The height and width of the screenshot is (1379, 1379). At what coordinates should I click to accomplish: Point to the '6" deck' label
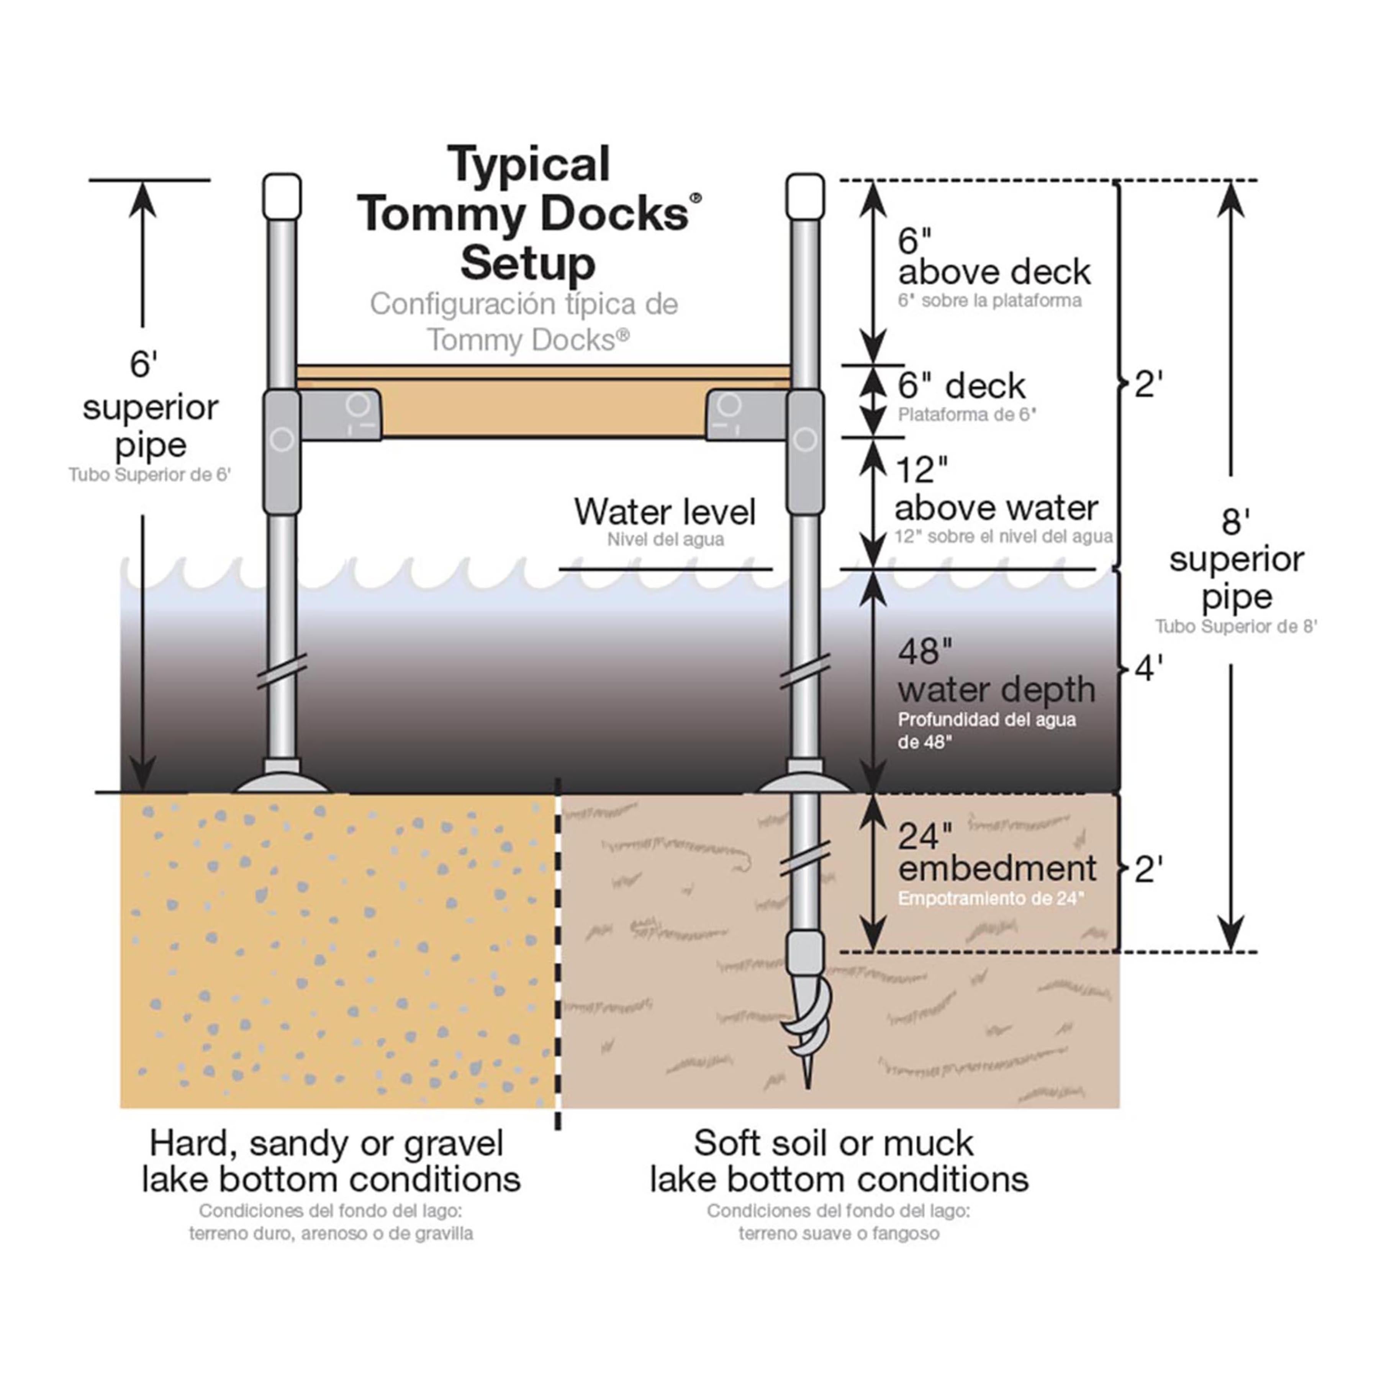point(961,386)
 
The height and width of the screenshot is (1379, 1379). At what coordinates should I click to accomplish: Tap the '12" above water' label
point(996,490)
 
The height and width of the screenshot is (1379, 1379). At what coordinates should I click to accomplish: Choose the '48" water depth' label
point(996,671)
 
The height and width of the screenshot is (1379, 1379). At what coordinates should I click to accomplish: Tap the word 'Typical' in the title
point(529,164)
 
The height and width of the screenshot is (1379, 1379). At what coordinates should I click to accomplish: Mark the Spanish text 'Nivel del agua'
point(665,540)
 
